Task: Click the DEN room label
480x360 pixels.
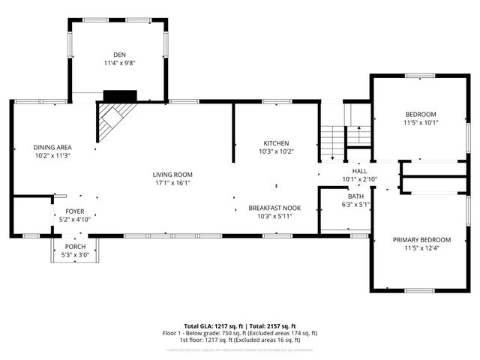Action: point(119,55)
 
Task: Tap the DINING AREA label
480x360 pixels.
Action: point(52,147)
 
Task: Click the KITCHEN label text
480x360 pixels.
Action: point(276,143)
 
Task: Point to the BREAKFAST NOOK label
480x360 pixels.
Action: point(275,208)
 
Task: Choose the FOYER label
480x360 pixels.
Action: point(75,211)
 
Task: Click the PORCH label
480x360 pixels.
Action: point(75,247)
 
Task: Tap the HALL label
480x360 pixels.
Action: point(360,171)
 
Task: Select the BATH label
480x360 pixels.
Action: point(355,196)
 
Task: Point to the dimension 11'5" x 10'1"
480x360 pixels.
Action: point(420,122)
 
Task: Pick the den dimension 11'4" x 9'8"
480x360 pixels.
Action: point(119,64)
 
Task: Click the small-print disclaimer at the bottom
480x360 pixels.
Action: point(240,349)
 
